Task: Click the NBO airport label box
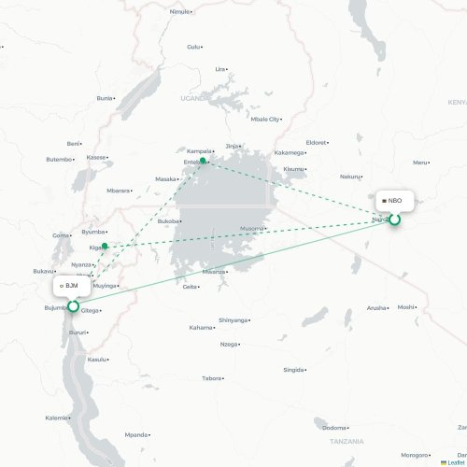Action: point(392,201)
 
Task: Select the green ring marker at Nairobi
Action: point(394,219)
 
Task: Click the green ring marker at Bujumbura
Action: point(73,305)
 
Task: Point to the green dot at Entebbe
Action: point(203,161)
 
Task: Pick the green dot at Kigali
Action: point(106,247)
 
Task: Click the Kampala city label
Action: point(199,149)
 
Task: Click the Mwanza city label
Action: point(214,272)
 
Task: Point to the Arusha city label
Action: point(376,307)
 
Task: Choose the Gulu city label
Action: point(193,46)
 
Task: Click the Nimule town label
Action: point(179,11)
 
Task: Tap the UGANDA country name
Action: point(195,97)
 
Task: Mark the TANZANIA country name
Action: point(346,440)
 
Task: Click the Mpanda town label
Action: point(136,434)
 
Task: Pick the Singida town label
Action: point(292,370)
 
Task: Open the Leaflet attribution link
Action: point(452,462)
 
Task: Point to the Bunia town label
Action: point(104,97)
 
